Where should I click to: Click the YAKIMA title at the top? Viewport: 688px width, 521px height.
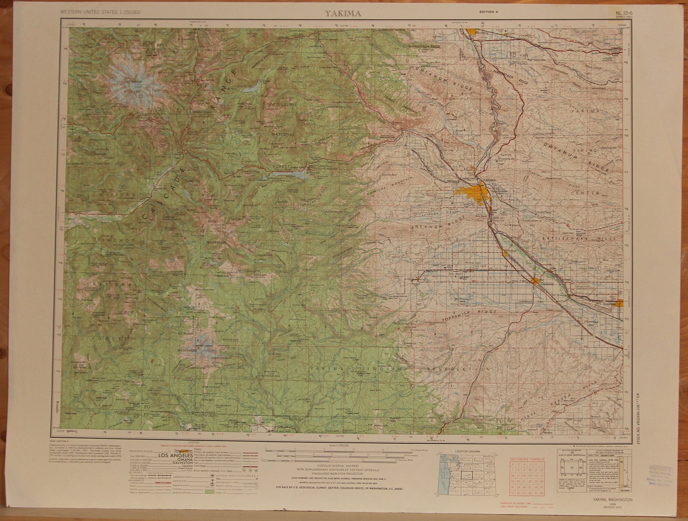click(338, 14)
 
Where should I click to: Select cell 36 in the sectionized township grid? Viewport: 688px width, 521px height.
click(542, 493)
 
